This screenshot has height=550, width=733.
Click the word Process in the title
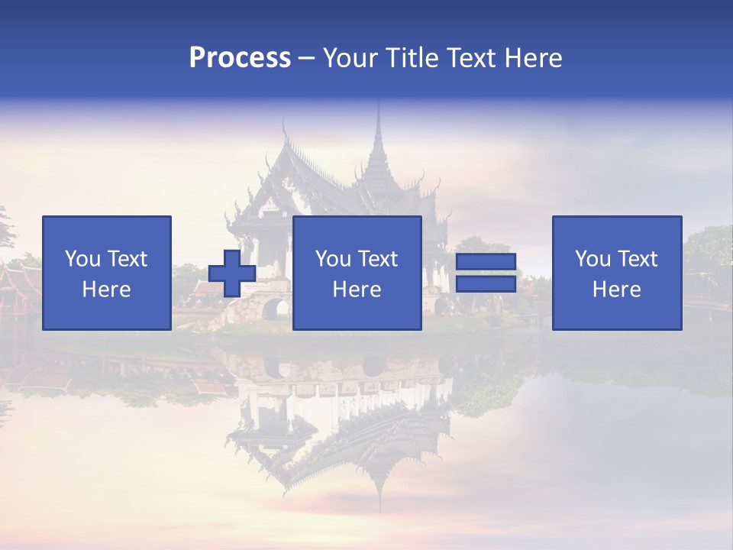[240, 58]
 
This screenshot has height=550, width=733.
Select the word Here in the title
[531, 58]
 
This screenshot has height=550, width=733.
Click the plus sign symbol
[232, 273]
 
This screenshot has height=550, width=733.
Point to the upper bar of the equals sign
[486, 261]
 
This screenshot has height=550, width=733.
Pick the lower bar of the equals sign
[486, 284]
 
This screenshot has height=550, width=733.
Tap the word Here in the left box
[107, 290]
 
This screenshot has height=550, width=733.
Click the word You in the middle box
[333, 259]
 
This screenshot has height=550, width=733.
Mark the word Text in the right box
[638, 259]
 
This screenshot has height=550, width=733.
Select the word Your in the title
[348, 58]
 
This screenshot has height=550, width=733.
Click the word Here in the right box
[616, 290]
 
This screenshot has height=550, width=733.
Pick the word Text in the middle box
[378, 259]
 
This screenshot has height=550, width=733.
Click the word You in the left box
[82, 259]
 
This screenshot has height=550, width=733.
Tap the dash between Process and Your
[307, 58]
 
